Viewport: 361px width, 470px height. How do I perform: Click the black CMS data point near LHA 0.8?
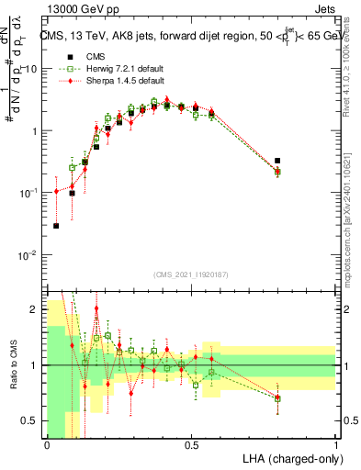[277, 161]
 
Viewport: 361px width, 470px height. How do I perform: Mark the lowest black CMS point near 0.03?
[56, 225]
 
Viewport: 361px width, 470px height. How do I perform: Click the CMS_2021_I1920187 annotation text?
[191, 274]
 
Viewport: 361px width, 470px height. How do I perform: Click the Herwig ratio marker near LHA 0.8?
[277, 397]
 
